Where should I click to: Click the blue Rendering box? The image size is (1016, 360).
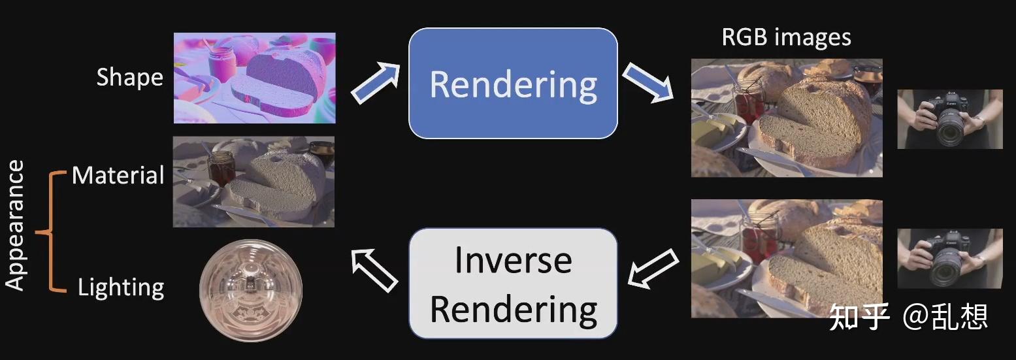coord(513,84)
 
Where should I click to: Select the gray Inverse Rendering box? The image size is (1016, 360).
coord(513,284)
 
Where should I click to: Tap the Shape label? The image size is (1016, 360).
coord(130,78)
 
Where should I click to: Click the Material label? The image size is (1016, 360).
coord(118,175)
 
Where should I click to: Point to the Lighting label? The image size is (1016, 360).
coord(121,287)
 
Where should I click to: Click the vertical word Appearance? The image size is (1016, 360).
coord(14,225)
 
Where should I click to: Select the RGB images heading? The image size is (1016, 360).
coord(786,37)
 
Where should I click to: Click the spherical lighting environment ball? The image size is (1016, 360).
coord(251,291)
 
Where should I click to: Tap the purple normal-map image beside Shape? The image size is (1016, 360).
coord(254,78)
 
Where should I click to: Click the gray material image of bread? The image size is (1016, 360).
coord(254,182)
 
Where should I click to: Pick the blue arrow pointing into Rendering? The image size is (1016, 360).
coord(376,84)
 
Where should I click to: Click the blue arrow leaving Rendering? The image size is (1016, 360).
coord(647,82)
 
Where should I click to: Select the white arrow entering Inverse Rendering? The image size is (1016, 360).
coord(653,269)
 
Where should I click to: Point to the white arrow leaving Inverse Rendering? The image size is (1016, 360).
coord(374,270)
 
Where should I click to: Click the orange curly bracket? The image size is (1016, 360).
coord(51,232)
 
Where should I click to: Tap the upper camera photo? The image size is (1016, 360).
coord(950,120)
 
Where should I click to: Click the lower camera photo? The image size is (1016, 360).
coord(950,259)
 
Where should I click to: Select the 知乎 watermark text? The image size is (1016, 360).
coord(859,318)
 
